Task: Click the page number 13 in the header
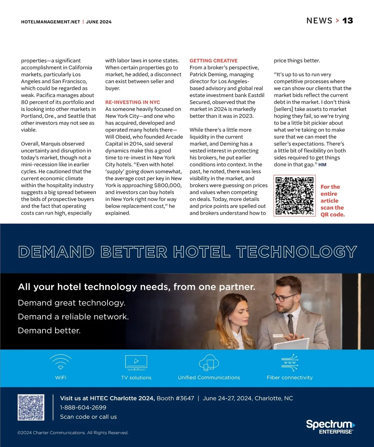348,21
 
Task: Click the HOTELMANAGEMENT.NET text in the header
50,22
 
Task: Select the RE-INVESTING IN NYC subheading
132,102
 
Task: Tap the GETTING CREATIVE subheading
213,61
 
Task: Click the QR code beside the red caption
295,195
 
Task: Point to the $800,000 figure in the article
168,185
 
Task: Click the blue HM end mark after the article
322,165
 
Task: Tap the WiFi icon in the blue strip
61,362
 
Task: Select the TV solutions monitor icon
136,362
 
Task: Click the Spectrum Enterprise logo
330,426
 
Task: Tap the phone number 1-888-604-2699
83,407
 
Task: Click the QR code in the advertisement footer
31,407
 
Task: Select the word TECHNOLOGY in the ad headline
296,252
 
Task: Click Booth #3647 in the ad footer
175,398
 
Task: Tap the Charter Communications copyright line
73,433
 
